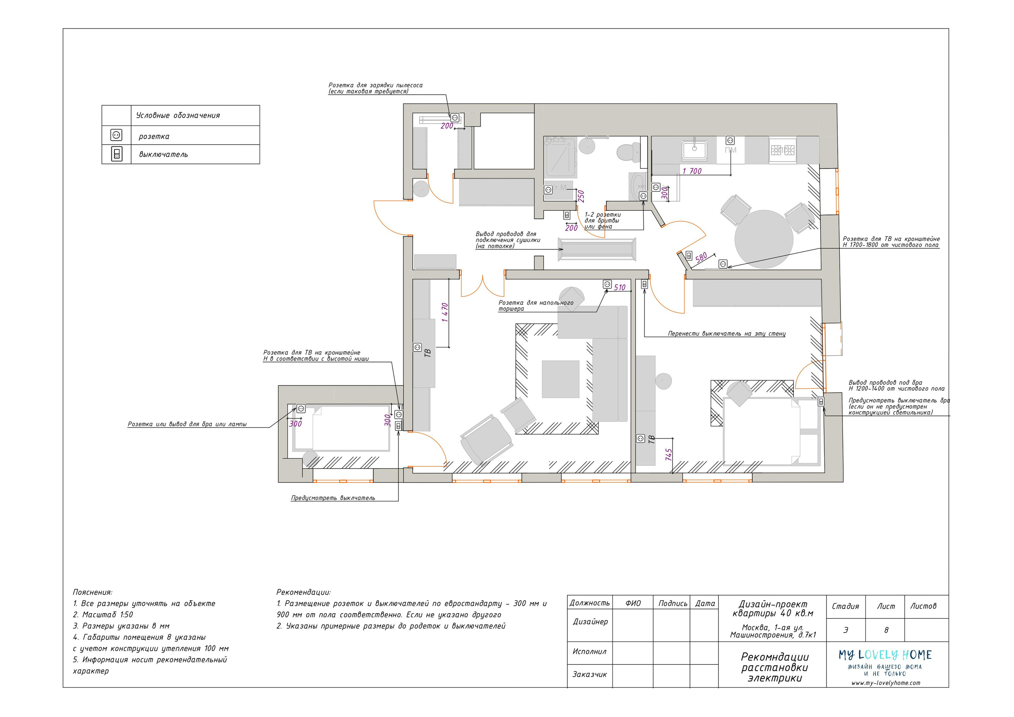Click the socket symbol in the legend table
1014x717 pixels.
pyautogui.click(x=116, y=135)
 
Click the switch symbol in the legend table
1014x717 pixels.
pyautogui.click(x=116, y=154)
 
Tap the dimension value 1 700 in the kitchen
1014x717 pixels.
pyautogui.click(x=692, y=171)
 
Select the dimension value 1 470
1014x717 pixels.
pyautogui.click(x=445, y=312)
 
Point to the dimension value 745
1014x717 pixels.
pyautogui.click(x=669, y=455)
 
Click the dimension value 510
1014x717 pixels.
pyautogui.click(x=619, y=287)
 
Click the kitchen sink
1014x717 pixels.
pyautogui.click(x=694, y=150)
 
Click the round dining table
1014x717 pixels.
pyautogui.click(x=764, y=239)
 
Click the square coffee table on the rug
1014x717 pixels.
pyautogui.click(x=560, y=379)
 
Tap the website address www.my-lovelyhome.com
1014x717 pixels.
pyautogui.click(x=886, y=683)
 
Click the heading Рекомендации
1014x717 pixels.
pyautogui.click(x=303, y=592)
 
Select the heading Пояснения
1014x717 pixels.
pyautogui.click(x=93, y=592)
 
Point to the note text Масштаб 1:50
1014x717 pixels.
pyautogui.click(x=107, y=614)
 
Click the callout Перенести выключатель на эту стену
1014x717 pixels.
pyautogui.click(x=726, y=334)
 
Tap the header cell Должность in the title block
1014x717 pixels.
pyautogui.click(x=590, y=603)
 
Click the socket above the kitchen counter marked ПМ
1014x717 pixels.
pyautogui.click(x=730, y=141)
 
